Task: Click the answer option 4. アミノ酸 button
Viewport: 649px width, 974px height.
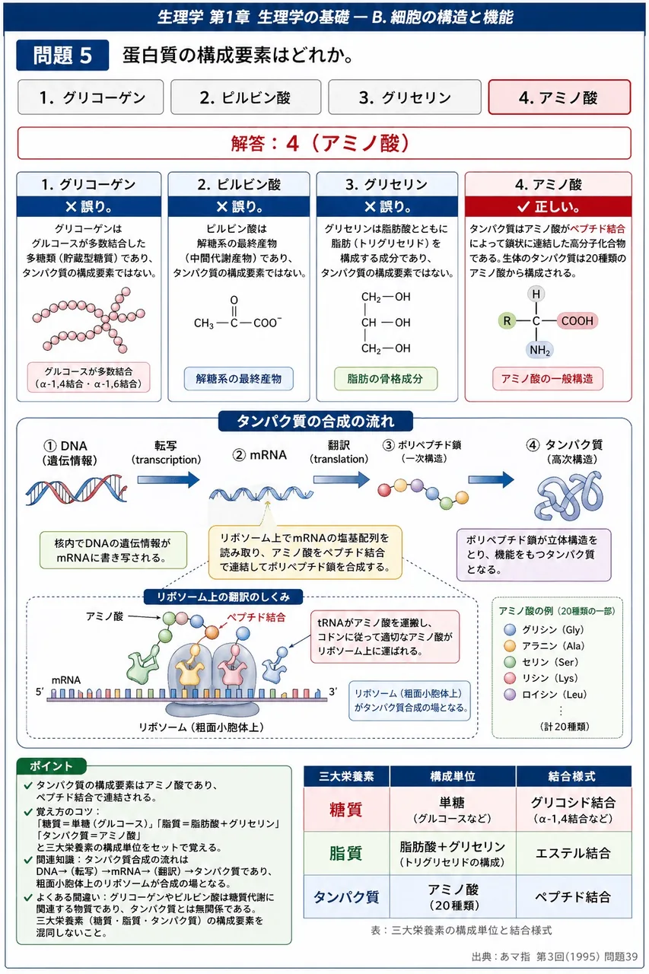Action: (x=559, y=97)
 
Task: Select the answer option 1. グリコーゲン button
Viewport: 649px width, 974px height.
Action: (x=91, y=97)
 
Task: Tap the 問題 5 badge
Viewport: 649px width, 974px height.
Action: (x=62, y=56)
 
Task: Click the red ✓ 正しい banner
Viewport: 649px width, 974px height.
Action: (x=548, y=206)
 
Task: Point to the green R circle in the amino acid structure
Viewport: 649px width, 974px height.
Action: (x=507, y=321)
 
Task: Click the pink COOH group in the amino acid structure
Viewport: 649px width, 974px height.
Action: (x=577, y=321)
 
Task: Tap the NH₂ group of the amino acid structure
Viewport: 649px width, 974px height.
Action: (x=539, y=349)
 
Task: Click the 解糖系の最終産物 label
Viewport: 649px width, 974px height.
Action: (x=239, y=379)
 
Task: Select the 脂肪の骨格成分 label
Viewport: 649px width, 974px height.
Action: (x=386, y=379)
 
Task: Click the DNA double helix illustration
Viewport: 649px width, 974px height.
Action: (x=77, y=490)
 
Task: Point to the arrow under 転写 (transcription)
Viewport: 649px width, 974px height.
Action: (x=168, y=480)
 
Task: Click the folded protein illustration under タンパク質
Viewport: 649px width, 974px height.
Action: (x=568, y=495)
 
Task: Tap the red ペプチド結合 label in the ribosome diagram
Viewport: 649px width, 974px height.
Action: (x=256, y=617)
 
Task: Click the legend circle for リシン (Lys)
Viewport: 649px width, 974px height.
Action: (x=510, y=678)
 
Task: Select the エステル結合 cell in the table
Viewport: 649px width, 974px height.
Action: (x=574, y=853)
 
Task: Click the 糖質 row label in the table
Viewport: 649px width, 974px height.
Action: (x=346, y=810)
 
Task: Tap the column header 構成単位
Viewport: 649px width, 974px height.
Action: (x=453, y=776)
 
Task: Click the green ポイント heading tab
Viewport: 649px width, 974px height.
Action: (x=51, y=766)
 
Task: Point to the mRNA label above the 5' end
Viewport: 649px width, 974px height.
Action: (x=66, y=680)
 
